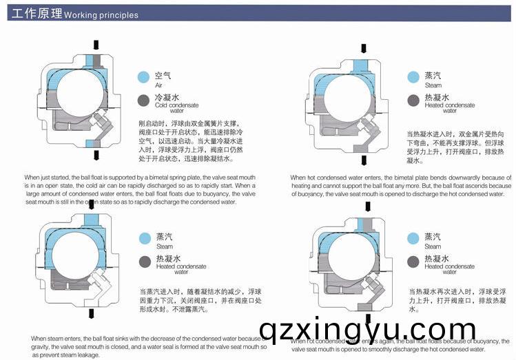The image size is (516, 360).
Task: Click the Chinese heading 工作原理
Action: coord(34,14)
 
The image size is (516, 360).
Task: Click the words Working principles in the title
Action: coord(101,15)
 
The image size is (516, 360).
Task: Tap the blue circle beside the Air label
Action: coord(143,77)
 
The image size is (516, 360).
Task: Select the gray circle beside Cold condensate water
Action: coord(143,100)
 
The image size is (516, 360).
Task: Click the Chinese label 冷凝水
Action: coord(167,97)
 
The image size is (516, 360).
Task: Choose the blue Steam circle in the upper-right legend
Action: coord(413,77)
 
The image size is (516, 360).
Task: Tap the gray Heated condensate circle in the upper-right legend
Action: coord(413,100)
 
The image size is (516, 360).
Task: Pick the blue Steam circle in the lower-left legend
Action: coord(145,238)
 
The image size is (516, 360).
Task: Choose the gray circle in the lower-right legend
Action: coord(413,261)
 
